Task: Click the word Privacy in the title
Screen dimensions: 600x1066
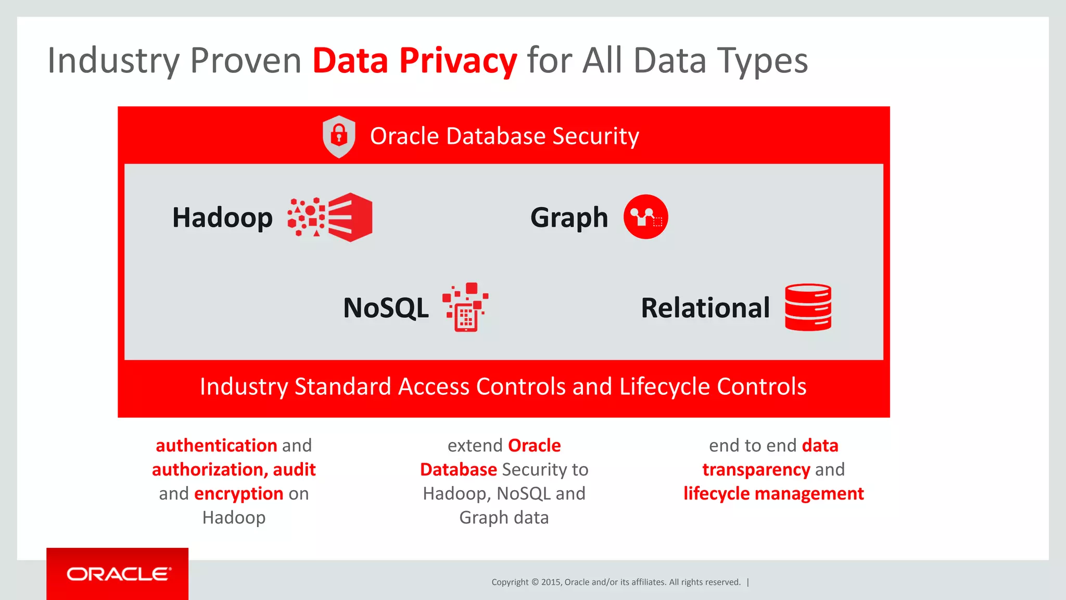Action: (x=458, y=61)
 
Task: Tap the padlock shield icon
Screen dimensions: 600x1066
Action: (x=339, y=136)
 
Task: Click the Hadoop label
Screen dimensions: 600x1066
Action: (x=222, y=218)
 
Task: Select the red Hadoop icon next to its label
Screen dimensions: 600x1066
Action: (x=331, y=217)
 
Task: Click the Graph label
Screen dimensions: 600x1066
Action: (x=569, y=218)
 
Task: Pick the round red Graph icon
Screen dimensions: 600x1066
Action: (x=646, y=217)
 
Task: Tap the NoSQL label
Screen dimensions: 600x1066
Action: (x=386, y=308)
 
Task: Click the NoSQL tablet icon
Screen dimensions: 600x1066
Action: (x=465, y=307)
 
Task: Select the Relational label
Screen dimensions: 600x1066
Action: (x=705, y=308)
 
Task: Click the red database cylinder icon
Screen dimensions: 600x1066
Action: (x=808, y=307)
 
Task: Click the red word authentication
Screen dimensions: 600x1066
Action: (x=217, y=446)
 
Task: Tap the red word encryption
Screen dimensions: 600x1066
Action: (x=238, y=494)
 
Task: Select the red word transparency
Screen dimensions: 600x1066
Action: (x=756, y=470)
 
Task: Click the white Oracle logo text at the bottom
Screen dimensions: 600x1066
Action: (x=119, y=574)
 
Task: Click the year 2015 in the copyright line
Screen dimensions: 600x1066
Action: (x=551, y=582)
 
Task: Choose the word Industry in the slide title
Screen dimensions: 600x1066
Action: (x=113, y=61)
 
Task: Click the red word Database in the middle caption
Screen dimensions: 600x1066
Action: (x=458, y=470)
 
